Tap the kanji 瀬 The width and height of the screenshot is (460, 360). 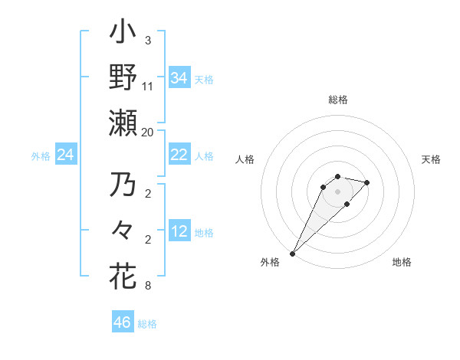click(x=123, y=122)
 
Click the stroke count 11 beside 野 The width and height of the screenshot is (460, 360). click(x=148, y=87)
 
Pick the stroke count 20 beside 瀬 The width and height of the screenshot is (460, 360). click(x=148, y=132)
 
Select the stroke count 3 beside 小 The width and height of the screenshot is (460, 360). click(x=148, y=40)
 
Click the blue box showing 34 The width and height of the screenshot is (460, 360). click(x=179, y=77)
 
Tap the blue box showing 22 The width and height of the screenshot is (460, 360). click(x=179, y=155)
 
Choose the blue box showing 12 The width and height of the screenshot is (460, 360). click(x=179, y=231)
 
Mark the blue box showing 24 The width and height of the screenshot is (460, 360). click(x=65, y=155)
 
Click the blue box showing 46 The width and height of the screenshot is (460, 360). click(x=122, y=322)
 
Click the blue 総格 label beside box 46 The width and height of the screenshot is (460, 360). click(x=147, y=324)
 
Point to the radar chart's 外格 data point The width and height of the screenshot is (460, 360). click(x=292, y=253)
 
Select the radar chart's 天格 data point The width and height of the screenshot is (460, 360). click(x=367, y=182)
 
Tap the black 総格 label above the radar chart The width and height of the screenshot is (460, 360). click(x=338, y=100)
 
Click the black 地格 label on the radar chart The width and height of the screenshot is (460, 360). click(x=402, y=262)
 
